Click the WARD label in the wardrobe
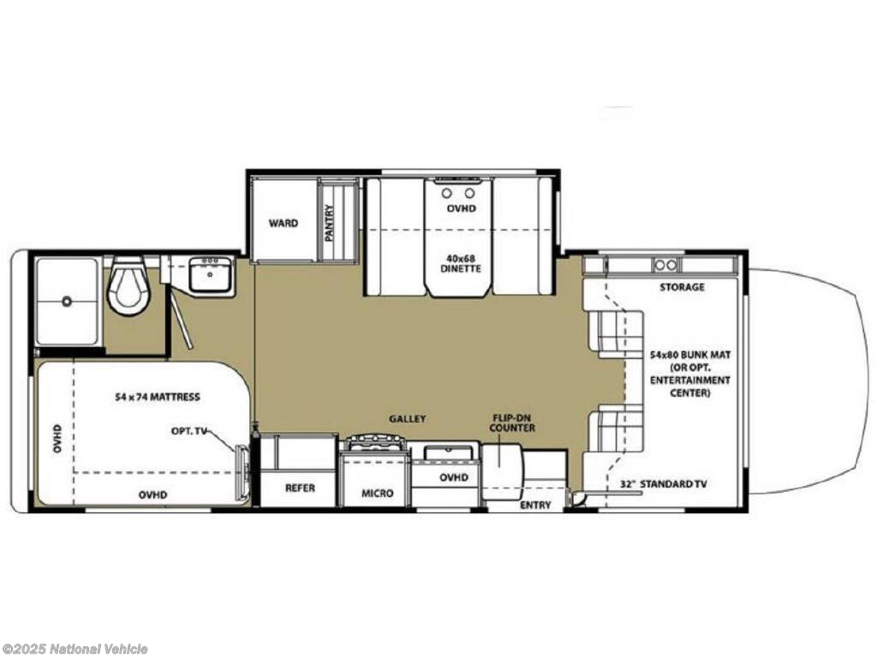(283, 224)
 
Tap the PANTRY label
(330, 223)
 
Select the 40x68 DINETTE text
(462, 264)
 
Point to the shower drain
(67, 302)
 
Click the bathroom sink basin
(211, 275)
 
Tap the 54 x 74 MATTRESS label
(158, 398)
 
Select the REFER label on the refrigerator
(300, 488)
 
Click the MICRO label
(377, 493)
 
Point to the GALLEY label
(408, 418)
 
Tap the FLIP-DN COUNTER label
(512, 423)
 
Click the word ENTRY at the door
(535, 505)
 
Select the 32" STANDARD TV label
(664, 484)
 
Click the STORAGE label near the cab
(682, 287)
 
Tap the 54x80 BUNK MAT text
(690, 355)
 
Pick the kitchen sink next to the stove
(445, 452)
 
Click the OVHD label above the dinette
(462, 208)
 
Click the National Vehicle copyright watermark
(74, 649)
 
